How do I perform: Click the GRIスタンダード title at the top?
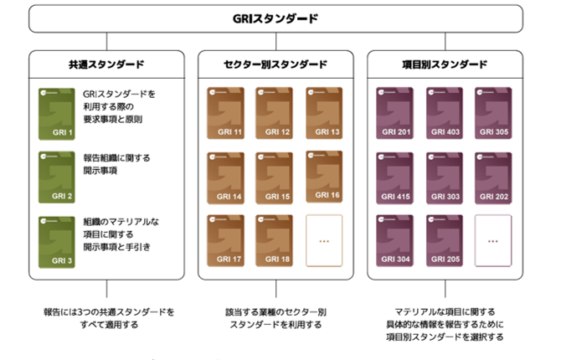point(275,18)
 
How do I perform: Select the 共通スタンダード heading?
point(106,64)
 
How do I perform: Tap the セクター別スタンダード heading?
point(275,64)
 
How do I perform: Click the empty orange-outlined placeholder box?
point(325,239)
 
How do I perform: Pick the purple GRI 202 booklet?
point(493,176)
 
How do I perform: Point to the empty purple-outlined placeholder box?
point(493,239)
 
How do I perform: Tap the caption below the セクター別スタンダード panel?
point(275,317)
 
